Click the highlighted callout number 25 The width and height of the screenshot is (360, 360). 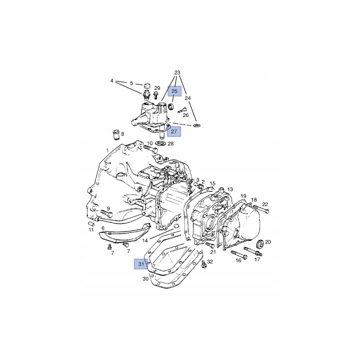point(174,91)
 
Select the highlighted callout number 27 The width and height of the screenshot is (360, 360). point(174,131)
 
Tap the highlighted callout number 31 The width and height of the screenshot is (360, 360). point(141,264)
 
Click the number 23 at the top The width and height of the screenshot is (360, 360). point(177,73)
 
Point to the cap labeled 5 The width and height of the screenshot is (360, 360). point(146,86)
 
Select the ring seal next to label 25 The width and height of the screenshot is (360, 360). point(171,106)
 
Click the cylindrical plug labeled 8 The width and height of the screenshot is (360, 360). point(117,135)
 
